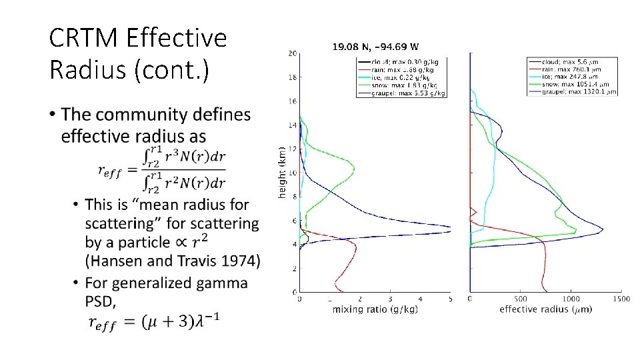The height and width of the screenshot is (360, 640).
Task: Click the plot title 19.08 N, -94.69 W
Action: [x=375, y=47]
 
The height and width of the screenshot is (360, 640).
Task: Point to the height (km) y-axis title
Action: [x=283, y=172]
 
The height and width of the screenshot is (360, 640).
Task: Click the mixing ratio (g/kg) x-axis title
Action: [x=375, y=309]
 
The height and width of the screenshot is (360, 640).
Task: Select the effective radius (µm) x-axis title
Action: [x=545, y=309]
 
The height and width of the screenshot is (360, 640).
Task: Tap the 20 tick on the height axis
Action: [x=293, y=53]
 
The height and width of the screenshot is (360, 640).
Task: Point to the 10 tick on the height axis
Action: [x=293, y=173]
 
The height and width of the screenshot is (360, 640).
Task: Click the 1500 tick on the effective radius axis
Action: [x=621, y=299]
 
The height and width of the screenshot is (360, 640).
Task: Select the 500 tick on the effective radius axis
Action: [x=520, y=299]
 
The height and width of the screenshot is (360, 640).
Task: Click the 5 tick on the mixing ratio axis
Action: [x=450, y=299]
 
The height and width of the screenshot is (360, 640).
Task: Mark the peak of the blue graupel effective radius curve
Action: [x=603, y=230]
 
